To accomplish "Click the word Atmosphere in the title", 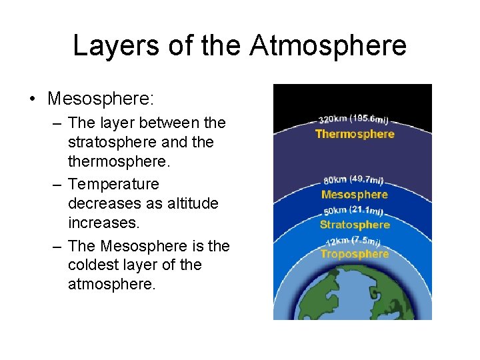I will click(x=328, y=46).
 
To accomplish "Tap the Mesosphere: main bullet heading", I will click(x=100, y=99).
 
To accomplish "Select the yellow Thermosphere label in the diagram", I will click(x=355, y=134).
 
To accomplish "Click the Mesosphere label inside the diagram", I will click(x=354, y=195).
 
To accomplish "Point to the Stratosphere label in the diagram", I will click(x=354, y=225).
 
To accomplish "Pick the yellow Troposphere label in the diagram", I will click(x=354, y=254).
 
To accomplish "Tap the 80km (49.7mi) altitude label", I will click(x=353, y=179).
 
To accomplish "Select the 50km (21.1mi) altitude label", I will click(x=353, y=211).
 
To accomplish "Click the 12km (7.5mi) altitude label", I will click(x=353, y=240).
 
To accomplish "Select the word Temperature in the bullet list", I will click(x=113, y=183).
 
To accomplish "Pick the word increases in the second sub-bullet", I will click(x=100, y=222).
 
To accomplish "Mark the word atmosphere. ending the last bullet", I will click(x=111, y=284).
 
